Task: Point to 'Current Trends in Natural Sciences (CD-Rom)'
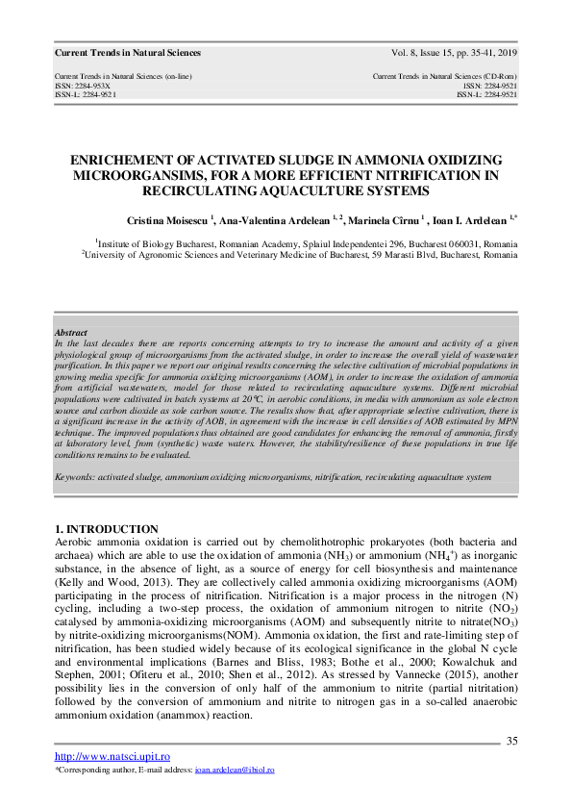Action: click(x=445, y=76)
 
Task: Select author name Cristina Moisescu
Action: click(x=164, y=220)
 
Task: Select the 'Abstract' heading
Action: click(x=71, y=332)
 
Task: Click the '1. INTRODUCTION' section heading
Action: click(x=107, y=530)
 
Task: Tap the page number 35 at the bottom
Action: click(x=511, y=741)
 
